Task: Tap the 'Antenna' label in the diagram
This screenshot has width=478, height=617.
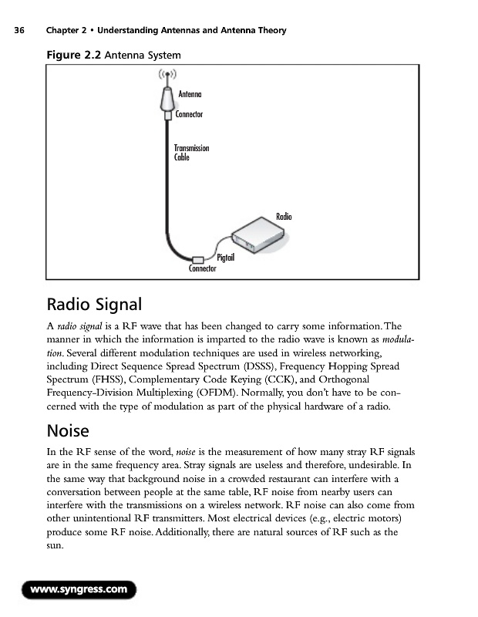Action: (x=190, y=94)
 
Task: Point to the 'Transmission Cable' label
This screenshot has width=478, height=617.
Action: (x=191, y=152)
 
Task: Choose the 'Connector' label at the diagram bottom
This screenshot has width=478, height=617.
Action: (x=202, y=269)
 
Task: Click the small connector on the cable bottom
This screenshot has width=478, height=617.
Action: (x=197, y=259)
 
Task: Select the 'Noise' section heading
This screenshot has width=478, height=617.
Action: (x=68, y=430)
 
